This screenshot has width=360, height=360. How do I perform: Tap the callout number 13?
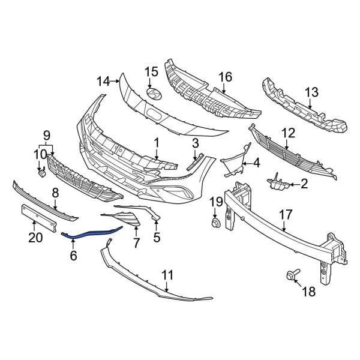[312, 92]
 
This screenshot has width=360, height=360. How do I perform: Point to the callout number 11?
[167, 275]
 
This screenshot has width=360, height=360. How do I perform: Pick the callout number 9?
[46, 133]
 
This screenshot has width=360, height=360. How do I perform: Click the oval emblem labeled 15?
[154, 95]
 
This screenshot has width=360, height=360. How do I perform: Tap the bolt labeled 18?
[290, 277]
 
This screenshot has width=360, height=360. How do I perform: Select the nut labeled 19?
[214, 224]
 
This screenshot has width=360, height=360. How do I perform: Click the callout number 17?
[286, 214]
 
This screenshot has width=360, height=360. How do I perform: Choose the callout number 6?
[73, 256]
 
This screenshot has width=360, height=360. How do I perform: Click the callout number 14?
[103, 80]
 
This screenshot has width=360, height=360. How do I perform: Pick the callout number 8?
[55, 193]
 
